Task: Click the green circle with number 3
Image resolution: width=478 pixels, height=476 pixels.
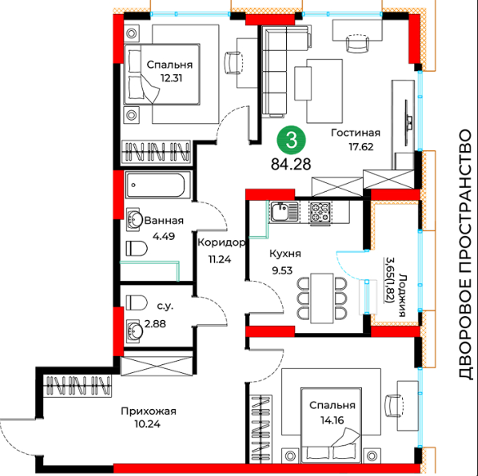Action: tap(291, 141)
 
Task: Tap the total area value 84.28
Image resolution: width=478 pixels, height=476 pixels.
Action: tap(291, 164)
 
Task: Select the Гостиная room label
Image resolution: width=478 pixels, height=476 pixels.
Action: tap(355, 133)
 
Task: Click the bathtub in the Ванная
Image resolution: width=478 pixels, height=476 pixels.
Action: tap(155, 185)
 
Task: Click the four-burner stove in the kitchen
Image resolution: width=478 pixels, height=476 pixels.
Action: tap(320, 212)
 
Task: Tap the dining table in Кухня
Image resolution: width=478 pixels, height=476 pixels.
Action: tap(322, 298)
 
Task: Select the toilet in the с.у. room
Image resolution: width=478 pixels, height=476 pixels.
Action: tap(136, 302)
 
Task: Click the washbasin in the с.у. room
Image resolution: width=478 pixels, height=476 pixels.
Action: tap(134, 331)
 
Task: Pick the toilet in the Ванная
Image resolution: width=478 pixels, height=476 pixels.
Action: tap(136, 248)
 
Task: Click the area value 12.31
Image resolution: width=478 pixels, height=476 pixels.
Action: tap(172, 78)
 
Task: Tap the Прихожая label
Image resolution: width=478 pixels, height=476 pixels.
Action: tap(149, 411)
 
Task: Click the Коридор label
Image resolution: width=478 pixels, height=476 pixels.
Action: tap(221, 242)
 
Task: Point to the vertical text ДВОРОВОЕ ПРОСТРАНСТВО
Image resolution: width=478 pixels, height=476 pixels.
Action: tap(466, 254)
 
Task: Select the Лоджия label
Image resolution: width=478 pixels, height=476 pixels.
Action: tap(402, 295)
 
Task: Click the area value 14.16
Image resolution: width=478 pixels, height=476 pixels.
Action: tap(333, 420)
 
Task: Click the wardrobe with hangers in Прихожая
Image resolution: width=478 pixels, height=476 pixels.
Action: tap(78, 385)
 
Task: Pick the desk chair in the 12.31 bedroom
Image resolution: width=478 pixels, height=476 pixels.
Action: tap(233, 63)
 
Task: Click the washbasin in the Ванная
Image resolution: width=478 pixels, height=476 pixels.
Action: tap(134, 219)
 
